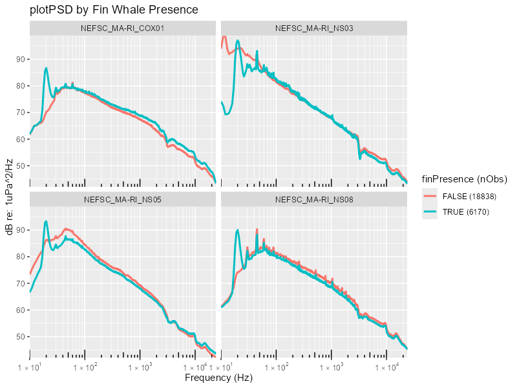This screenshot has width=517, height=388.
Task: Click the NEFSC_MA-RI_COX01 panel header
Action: coord(122,28)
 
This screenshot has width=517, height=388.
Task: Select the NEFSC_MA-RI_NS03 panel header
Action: coord(314,28)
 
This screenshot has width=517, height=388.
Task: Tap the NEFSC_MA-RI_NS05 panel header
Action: coord(122,199)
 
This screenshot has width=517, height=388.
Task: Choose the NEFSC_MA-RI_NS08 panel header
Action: coord(314,199)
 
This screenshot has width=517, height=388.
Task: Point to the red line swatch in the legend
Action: coord(430,196)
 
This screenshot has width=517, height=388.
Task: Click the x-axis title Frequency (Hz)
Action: coord(218,377)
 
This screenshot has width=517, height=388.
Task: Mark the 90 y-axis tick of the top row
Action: coord(20,59)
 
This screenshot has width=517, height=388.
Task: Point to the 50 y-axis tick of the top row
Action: coord(20,166)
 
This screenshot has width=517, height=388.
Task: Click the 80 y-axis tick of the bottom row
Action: coord(20,257)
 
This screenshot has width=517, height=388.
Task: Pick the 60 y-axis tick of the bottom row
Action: coord(20,310)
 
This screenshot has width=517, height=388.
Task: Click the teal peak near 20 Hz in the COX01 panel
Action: coord(46,68)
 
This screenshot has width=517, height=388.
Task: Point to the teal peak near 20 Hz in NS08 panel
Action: coord(238,230)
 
